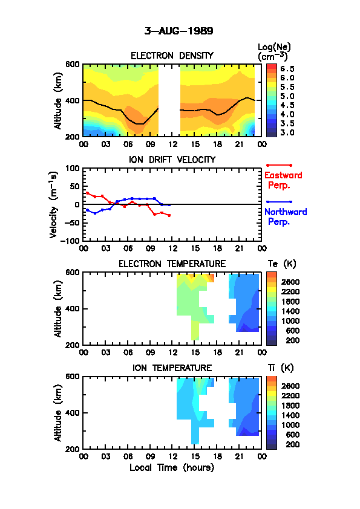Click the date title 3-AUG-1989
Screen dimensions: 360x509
point(178,31)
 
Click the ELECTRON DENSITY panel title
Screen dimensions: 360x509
point(172,56)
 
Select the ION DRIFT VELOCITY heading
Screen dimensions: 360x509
point(172,160)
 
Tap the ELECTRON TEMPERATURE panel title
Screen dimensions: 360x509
point(172,264)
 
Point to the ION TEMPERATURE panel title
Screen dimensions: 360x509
point(172,368)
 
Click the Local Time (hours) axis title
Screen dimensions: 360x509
point(172,467)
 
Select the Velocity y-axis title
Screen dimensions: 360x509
point(54,205)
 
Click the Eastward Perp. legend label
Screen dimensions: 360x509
point(283,180)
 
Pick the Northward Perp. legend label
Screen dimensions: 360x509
point(286,216)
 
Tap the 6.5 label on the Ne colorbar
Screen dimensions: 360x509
point(287,68)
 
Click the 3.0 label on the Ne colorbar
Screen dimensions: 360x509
point(287,132)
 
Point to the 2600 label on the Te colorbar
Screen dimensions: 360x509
point(290,282)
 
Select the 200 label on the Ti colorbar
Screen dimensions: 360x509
point(292,444)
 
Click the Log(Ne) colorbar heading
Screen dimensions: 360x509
point(274,52)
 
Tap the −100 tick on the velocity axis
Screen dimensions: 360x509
point(72,241)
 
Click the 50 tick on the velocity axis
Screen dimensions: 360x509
point(75,186)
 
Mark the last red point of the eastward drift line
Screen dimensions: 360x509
point(169,215)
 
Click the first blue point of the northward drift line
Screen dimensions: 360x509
point(87,210)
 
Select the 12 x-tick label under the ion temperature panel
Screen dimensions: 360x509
point(173,456)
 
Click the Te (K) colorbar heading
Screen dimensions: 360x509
point(282,264)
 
